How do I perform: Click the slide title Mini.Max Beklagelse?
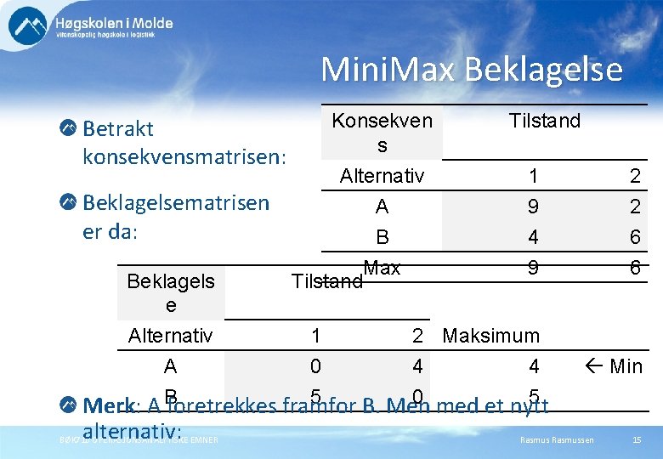coord(471,69)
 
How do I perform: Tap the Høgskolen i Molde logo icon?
coord(28,25)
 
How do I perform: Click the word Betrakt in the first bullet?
coord(118,128)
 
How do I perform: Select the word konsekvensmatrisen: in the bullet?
coord(184,157)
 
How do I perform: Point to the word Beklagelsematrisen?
coord(176,202)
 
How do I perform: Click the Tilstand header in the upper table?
coord(544,121)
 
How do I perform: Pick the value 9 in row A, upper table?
coord(533,207)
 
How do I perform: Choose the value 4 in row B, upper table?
coord(533,236)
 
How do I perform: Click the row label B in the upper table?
coord(382,236)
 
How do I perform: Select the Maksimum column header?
coord(491,336)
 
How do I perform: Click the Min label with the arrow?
coord(615,366)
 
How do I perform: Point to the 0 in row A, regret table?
coord(315,366)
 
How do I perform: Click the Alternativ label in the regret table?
coord(170,336)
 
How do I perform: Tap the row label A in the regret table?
coord(170,366)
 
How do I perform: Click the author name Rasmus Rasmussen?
coord(557,439)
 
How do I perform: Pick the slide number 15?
coord(637,439)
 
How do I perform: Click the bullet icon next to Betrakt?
coord(68,128)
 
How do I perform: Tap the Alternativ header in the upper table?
coord(382,176)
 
